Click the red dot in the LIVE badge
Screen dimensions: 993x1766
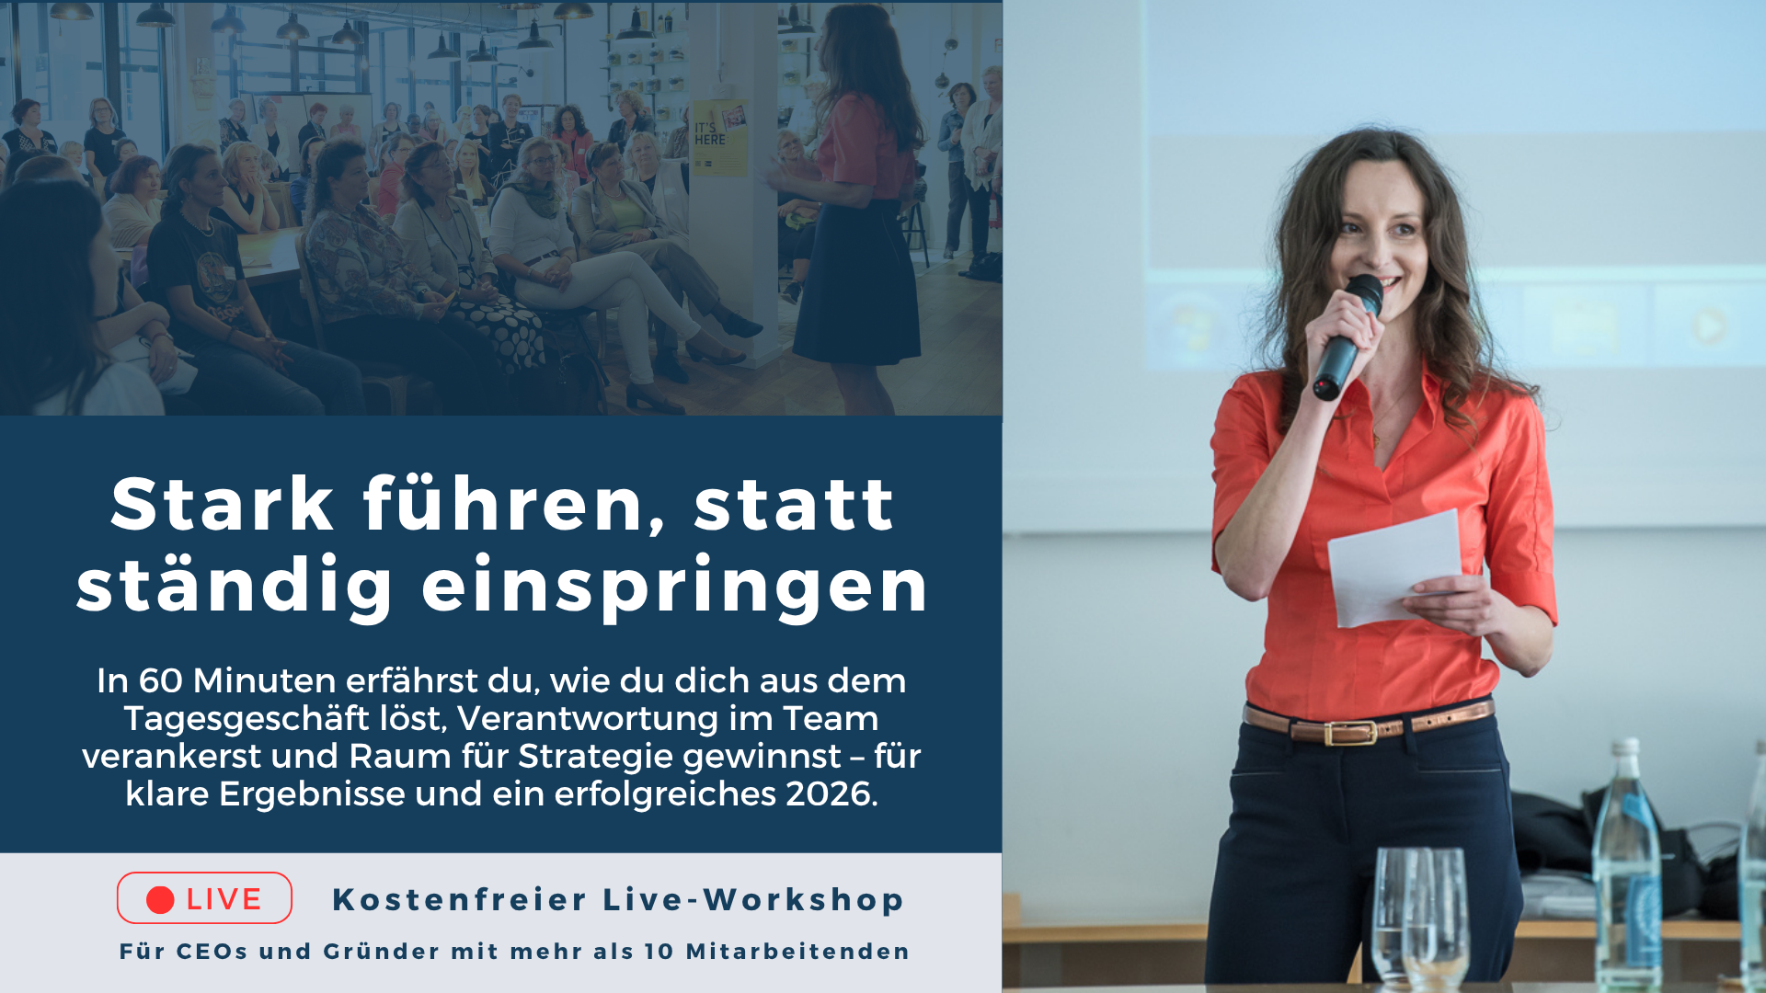coord(160,900)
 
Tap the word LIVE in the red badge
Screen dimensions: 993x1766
coord(224,900)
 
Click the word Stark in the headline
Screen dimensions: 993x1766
coord(223,505)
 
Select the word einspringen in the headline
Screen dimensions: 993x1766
coord(675,586)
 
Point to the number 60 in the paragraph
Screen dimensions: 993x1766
coord(161,681)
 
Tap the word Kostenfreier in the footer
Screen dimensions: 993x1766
coord(459,900)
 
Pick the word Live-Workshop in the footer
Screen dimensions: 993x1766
coord(754,900)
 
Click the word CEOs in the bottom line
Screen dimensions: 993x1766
coord(212,952)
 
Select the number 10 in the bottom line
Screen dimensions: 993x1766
coord(659,952)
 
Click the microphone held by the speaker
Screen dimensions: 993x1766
coord(1347,336)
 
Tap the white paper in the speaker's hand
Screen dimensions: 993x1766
coord(1393,565)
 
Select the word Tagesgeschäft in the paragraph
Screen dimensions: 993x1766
coord(284,719)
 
